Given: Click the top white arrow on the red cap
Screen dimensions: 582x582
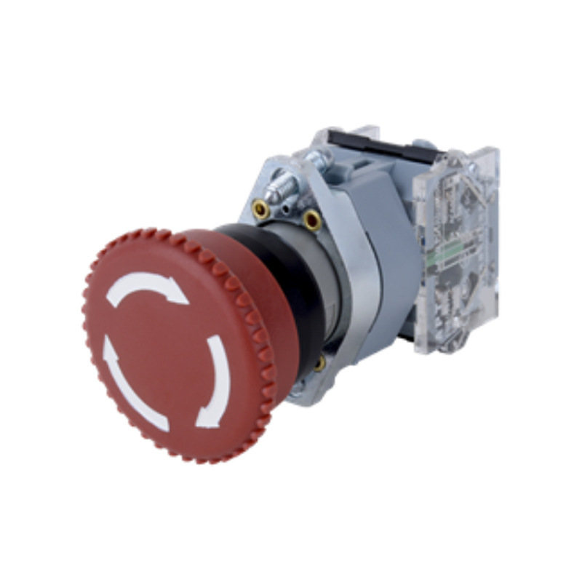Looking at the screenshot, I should pyautogui.click(x=145, y=285).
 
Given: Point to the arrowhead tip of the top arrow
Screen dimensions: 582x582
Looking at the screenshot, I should pyautogui.click(x=183, y=299).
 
